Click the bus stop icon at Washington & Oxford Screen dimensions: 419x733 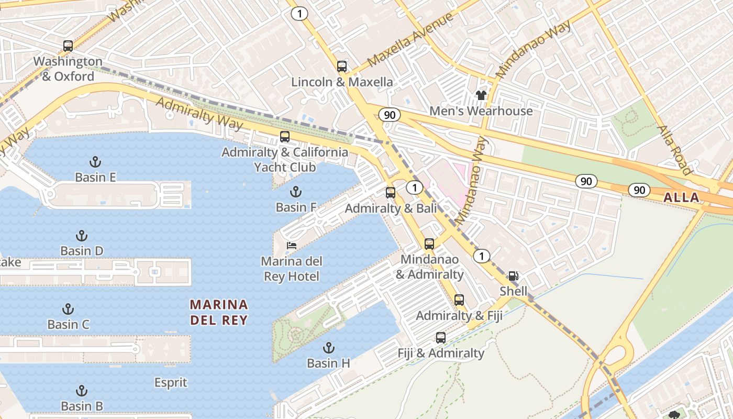(68, 46)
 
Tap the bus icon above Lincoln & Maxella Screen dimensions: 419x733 (342, 67)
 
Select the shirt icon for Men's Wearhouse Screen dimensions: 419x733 (481, 95)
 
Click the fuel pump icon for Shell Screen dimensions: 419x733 (514, 276)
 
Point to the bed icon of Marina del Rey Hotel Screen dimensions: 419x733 (292, 245)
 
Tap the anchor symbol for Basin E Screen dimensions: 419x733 (95, 162)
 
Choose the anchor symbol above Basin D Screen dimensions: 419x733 (82, 236)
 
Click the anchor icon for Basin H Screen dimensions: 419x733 (328, 348)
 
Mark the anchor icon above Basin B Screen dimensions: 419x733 (82, 391)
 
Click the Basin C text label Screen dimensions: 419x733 (68, 324)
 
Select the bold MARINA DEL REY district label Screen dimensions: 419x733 (219, 312)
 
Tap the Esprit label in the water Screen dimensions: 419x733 (171, 383)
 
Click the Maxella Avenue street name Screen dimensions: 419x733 (410, 41)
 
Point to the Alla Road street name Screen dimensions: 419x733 (674, 150)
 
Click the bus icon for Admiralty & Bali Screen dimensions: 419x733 (391, 193)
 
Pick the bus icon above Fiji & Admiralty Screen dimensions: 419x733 (441, 338)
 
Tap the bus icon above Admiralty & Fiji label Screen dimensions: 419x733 (459, 300)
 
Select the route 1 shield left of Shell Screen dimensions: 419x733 (481, 256)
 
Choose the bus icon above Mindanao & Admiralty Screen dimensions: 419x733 (429, 244)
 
